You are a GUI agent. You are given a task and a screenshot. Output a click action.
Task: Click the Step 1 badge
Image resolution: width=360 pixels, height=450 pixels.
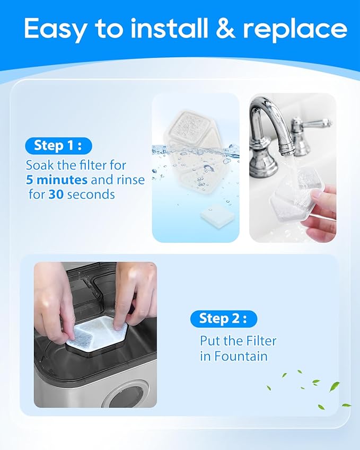pyautogui.click(x=58, y=145)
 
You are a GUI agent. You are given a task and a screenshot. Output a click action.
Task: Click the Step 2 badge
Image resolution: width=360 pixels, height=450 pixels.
pyautogui.click(x=223, y=318)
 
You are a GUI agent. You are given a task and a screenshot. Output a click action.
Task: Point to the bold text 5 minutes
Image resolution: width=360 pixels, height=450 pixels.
pyautogui.click(x=58, y=180)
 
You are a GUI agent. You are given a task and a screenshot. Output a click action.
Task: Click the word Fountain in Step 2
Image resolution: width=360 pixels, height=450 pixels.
pyautogui.click(x=241, y=356)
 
